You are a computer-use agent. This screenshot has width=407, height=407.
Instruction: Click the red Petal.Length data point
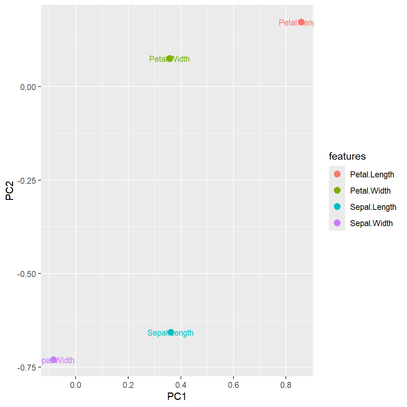click(x=301, y=22)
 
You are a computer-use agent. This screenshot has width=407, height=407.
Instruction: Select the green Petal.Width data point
click(x=170, y=59)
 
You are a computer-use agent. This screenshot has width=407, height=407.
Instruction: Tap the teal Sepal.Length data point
click(x=171, y=332)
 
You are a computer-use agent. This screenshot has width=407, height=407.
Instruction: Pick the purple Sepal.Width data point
click(x=53, y=360)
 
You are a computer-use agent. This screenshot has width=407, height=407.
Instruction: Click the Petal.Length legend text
click(x=372, y=175)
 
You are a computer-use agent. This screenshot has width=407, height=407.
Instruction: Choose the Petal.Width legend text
click(x=370, y=191)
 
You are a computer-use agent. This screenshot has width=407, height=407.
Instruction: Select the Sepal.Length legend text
click(x=373, y=207)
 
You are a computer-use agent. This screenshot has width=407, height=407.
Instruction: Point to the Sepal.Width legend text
click(x=371, y=223)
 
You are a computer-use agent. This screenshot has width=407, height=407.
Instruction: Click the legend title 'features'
click(x=347, y=156)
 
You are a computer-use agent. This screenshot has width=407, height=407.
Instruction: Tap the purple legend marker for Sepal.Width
click(x=337, y=223)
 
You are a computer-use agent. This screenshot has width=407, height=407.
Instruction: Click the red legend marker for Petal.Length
click(x=337, y=174)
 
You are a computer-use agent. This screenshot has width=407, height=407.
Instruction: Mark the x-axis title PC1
click(x=177, y=396)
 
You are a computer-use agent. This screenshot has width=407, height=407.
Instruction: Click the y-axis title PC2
click(x=10, y=191)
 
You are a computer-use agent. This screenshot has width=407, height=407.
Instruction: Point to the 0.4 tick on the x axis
click(x=181, y=385)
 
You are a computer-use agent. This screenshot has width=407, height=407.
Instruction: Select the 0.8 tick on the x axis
click(x=286, y=385)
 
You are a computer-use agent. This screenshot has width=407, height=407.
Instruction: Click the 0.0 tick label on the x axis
click(x=76, y=385)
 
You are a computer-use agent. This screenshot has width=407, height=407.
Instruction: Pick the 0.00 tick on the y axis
click(x=28, y=87)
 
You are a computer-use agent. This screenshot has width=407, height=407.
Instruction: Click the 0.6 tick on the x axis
click(x=233, y=385)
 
